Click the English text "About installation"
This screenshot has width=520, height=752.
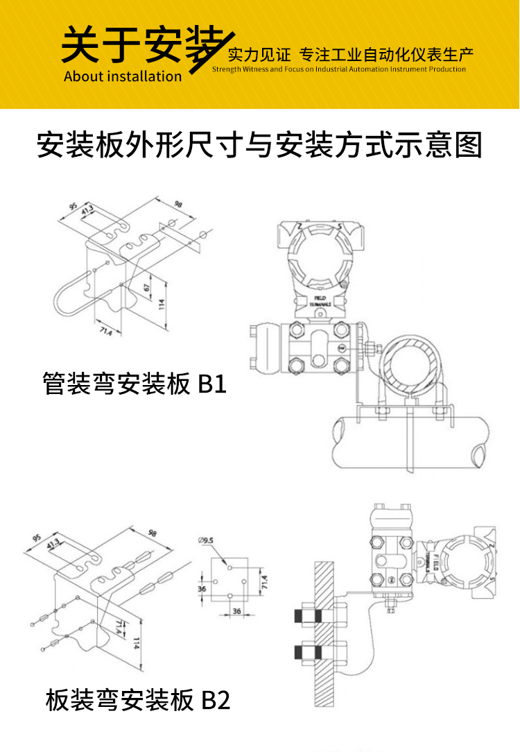pos(123,76)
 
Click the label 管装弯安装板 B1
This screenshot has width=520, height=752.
pos(135,384)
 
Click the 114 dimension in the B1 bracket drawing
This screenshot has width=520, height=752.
pos(162,303)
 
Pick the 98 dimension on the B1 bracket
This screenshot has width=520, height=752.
pos(177,205)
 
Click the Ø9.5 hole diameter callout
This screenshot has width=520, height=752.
pos(207,540)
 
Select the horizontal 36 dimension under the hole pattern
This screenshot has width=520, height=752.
pos(236,611)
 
